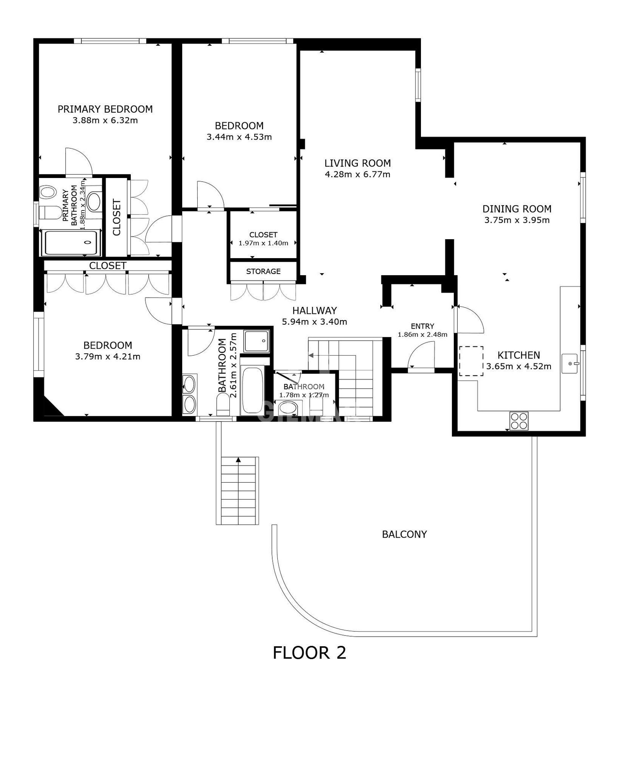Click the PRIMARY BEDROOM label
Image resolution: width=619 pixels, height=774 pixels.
(105, 109)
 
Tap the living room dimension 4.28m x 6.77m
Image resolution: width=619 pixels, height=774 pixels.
(357, 175)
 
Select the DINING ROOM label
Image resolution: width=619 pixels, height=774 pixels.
(517, 209)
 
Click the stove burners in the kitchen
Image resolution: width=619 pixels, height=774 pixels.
(519, 421)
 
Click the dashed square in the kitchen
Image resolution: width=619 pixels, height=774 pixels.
(471, 361)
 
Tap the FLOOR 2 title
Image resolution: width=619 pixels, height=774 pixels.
(309, 653)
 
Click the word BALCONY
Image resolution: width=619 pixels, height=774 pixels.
(404, 534)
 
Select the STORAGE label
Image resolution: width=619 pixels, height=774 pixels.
(263, 271)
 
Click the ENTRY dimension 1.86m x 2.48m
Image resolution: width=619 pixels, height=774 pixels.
(422, 335)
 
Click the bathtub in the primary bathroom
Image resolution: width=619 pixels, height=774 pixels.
(71, 243)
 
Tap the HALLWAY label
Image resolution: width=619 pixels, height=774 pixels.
(315, 310)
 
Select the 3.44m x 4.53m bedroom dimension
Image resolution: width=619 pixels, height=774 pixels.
(239, 137)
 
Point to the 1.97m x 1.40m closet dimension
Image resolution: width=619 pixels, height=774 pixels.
(263, 243)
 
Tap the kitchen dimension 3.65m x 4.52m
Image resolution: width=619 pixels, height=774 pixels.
(519, 366)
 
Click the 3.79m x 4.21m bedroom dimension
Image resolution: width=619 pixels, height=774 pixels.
(108, 356)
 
